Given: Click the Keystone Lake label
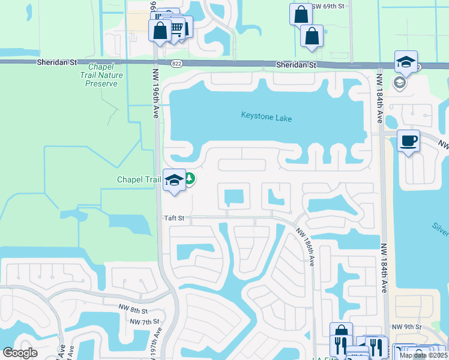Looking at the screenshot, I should pos(267,117).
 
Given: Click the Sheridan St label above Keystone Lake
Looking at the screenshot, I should pos(296,64).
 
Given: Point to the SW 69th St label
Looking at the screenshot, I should pos(328,6).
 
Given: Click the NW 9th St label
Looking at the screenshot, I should pos(405,326).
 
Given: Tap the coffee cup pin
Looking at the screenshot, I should pos(408,141).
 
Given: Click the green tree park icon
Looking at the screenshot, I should pos(189,179).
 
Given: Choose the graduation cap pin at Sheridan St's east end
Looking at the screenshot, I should pos(406,62).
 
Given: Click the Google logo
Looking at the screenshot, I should pos(20,353).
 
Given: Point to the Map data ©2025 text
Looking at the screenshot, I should pos(423,355).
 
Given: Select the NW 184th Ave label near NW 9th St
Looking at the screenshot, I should pos(382,270).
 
